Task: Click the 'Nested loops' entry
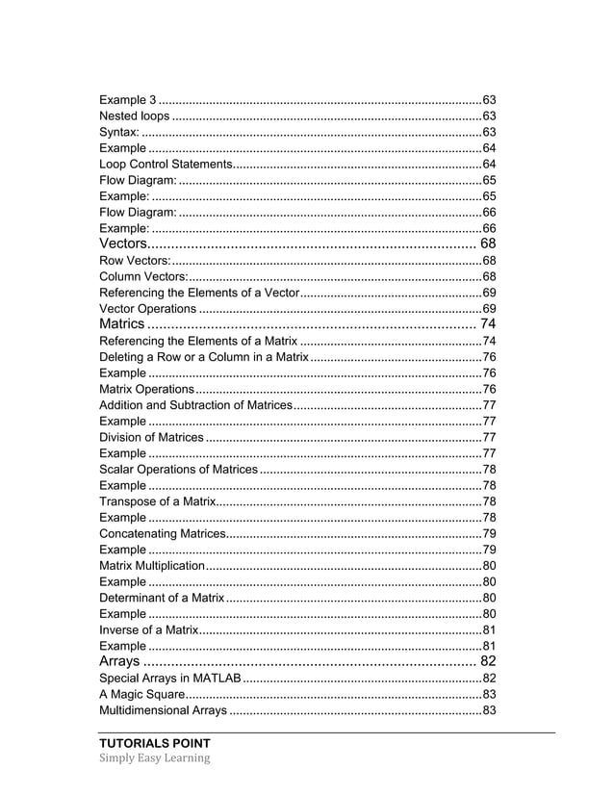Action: pos(135,115)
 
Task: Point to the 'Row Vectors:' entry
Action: pos(135,261)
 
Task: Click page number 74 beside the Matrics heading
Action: pos(487,324)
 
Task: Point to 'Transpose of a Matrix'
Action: pos(157,501)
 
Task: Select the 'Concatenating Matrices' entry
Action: pos(161,533)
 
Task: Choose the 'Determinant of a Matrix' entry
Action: pos(162,598)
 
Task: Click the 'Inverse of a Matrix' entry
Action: pos(148,629)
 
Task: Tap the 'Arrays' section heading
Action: pos(119,661)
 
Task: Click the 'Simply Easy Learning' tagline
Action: pos(154,758)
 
